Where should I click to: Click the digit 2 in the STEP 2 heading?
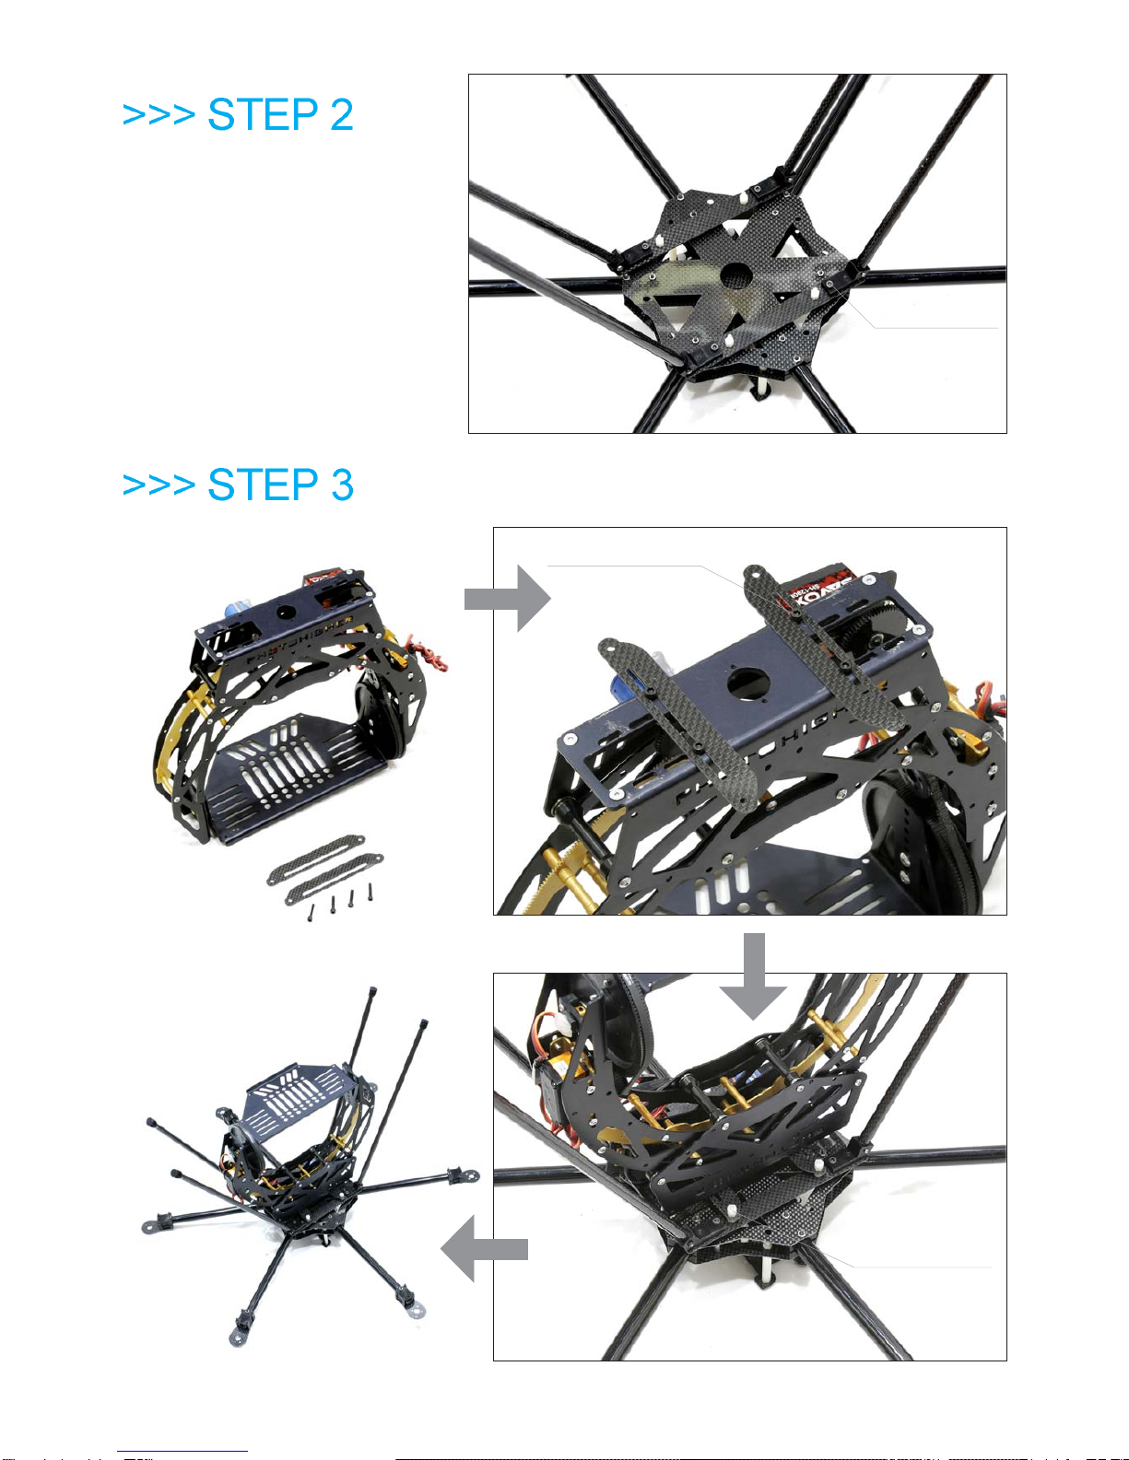tap(341, 115)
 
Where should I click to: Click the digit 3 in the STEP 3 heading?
tap(342, 485)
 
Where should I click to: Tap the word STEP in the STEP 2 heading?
tap(263, 115)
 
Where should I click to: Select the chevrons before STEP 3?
tap(158, 485)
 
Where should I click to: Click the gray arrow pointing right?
tap(509, 599)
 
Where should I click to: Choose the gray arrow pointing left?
tap(483, 1248)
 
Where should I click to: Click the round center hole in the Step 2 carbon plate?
tap(735, 275)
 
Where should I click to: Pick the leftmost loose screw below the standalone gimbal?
tap(311, 913)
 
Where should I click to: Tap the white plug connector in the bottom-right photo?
tap(553, 1026)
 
